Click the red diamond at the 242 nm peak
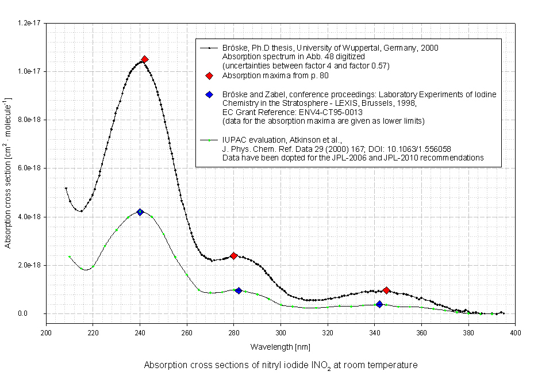(x=145, y=59)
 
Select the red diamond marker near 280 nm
(x=234, y=256)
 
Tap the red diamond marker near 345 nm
(x=387, y=290)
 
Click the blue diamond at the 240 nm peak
(x=140, y=212)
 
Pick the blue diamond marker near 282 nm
(x=239, y=290)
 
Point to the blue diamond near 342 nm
(x=379, y=304)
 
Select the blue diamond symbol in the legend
(x=210, y=94)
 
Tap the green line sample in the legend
(x=210, y=139)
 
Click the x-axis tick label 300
(x=280, y=332)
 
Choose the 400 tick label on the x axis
(x=515, y=332)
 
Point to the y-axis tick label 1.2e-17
(x=29, y=22)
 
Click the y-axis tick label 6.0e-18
(x=29, y=168)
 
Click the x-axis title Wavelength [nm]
(x=280, y=347)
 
